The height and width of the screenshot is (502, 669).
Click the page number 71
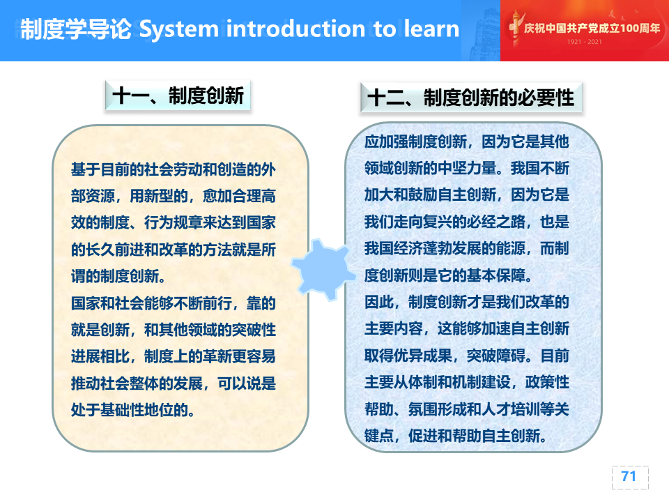(629, 476)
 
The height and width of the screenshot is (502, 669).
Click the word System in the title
(179, 29)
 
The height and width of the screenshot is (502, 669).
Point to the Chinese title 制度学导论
(76, 29)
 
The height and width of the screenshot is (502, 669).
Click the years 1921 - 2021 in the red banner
(585, 41)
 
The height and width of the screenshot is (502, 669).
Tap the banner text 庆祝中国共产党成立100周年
(592, 28)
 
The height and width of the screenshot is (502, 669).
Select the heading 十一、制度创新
(178, 96)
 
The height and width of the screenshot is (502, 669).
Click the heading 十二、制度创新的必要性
(470, 98)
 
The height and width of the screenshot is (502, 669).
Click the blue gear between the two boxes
(324, 269)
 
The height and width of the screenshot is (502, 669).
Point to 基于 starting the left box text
(85, 169)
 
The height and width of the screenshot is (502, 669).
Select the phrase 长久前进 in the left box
(115, 250)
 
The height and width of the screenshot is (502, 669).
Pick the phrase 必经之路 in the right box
(496, 222)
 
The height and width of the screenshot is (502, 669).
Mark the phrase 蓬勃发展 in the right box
(452, 248)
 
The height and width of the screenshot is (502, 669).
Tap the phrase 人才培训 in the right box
(511, 409)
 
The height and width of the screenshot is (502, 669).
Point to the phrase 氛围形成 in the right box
(438, 409)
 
